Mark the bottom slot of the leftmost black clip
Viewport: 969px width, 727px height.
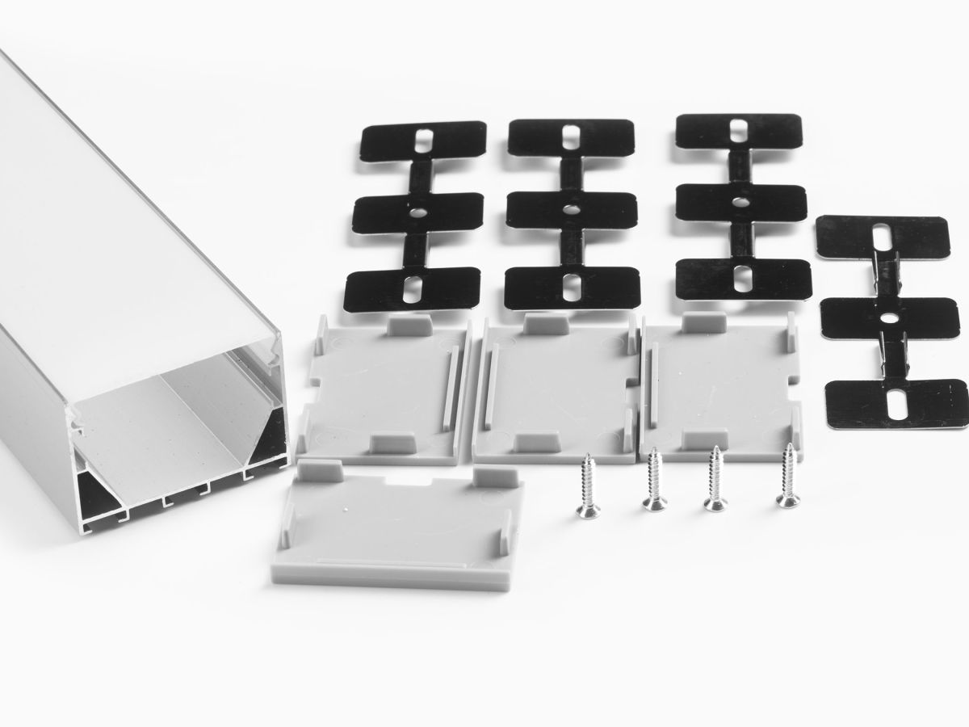click(413, 287)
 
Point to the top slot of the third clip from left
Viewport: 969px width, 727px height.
click(740, 131)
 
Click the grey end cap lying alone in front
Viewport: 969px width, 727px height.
click(400, 525)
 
